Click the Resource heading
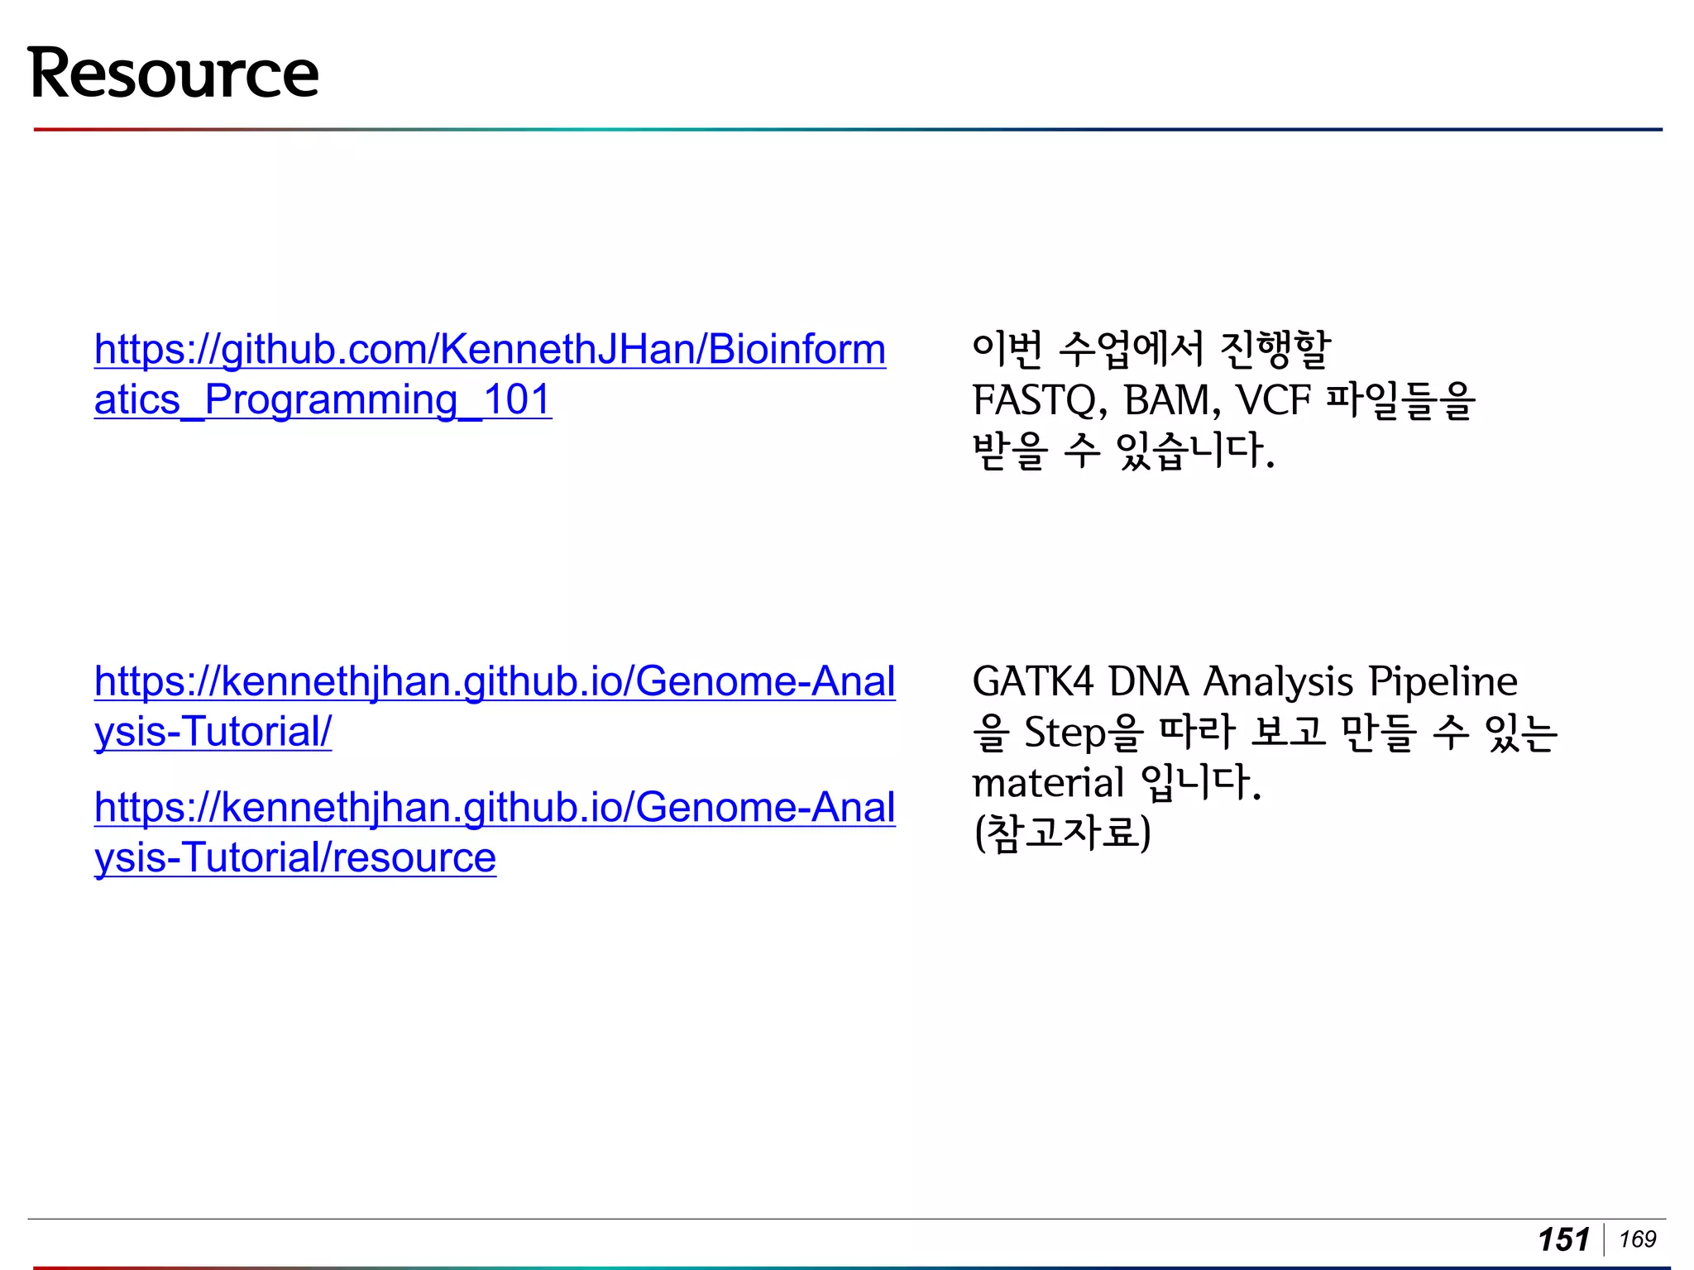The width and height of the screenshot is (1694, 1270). pos(173,74)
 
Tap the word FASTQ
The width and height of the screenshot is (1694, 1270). pos(1040,401)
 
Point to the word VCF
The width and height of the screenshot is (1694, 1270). pos(1274,401)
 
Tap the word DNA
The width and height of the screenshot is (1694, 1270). pos(1148,682)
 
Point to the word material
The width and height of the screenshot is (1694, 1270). pos(1048,783)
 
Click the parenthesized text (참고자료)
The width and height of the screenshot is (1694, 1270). pos(1062,833)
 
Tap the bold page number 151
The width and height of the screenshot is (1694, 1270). pos(1563,1239)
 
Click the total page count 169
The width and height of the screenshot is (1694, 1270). pos(1638,1239)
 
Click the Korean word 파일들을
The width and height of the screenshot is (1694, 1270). pos(1400,401)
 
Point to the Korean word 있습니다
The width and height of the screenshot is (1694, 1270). pos(1195,451)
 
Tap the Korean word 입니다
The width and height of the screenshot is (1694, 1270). pos(1200,782)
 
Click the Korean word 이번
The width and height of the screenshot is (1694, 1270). pos(1007,350)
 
